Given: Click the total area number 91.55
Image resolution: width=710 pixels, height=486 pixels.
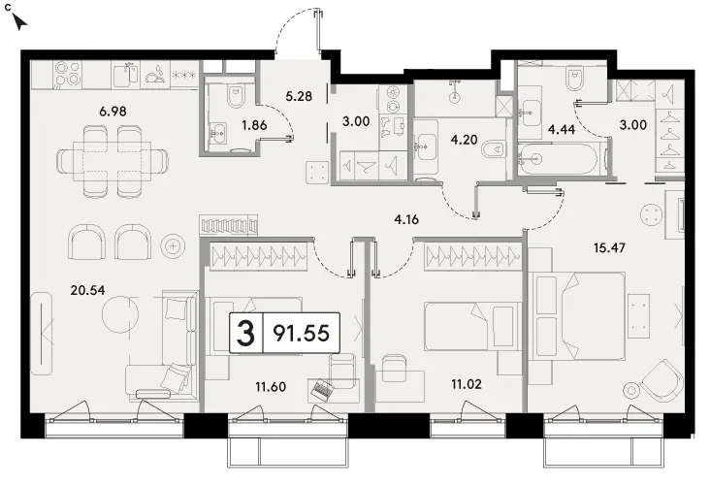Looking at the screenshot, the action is pyautogui.click(x=301, y=334).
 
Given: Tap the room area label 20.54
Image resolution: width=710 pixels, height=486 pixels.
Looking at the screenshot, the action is pyautogui.click(x=88, y=290).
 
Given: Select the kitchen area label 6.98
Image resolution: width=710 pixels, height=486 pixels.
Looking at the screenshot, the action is pyautogui.click(x=113, y=111).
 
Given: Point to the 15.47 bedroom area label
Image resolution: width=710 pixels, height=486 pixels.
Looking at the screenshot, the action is pyautogui.click(x=609, y=247).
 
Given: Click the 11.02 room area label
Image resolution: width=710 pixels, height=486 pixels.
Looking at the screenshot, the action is pyautogui.click(x=467, y=384).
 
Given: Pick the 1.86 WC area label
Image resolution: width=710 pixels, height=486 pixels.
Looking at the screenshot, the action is pyautogui.click(x=254, y=125).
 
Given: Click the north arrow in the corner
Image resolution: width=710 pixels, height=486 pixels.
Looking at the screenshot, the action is pyautogui.click(x=19, y=21).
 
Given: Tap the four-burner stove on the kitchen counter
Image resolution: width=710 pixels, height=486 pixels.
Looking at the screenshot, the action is pyautogui.click(x=68, y=74).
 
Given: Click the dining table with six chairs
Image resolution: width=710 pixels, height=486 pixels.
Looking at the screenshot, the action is pyautogui.click(x=113, y=161).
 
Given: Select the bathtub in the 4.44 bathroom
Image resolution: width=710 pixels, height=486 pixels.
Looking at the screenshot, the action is pyautogui.click(x=559, y=158).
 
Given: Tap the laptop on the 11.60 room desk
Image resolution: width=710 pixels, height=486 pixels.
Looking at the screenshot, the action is pyautogui.click(x=321, y=389).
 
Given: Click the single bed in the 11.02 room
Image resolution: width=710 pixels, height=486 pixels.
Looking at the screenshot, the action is pyautogui.click(x=471, y=326).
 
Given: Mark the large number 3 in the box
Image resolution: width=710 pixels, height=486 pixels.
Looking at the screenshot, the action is pyautogui.click(x=245, y=333).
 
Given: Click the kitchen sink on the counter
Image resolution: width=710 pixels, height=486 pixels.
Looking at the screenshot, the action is pyautogui.click(x=125, y=74).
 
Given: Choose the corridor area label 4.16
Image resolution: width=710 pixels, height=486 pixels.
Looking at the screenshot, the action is pyautogui.click(x=406, y=219).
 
